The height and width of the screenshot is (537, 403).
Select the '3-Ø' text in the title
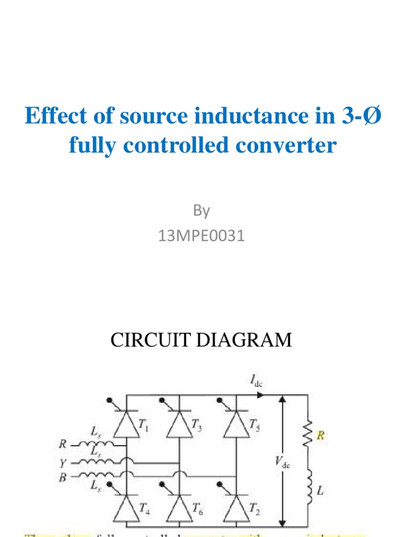(x=355, y=116)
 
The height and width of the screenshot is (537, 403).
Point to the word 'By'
(x=201, y=211)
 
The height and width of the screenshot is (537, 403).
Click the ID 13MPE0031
(x=201, y=236)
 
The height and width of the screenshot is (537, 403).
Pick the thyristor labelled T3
(x=179, y=427)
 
